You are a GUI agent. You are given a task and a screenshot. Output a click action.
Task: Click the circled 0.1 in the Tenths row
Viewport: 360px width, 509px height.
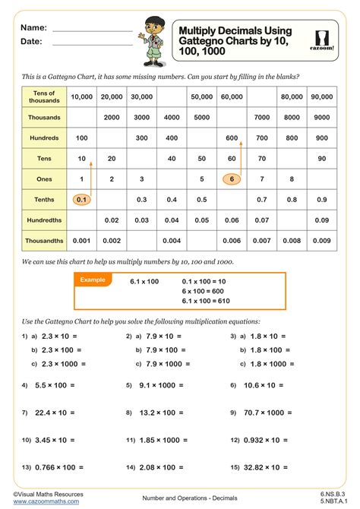(82, 199)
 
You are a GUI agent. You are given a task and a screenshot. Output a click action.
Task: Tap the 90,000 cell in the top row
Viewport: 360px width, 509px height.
(322, 97)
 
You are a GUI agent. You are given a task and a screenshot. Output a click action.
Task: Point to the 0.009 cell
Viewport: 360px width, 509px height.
(322, 240)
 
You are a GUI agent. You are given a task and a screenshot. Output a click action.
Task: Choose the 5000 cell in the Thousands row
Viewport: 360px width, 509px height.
(201, 118)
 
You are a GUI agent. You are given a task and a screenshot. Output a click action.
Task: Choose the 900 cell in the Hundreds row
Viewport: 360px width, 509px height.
(322, 138)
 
